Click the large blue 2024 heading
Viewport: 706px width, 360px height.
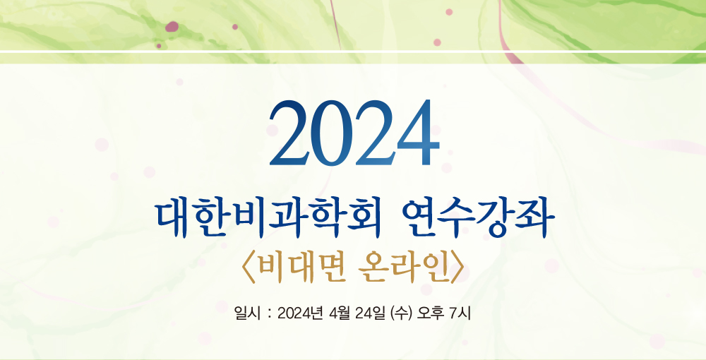pyautogui.click(x=354, y=133)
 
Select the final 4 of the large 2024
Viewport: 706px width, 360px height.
pyautogui.click(x=418, y=133)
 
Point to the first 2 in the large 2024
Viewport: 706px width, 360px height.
pyautogui.click(x=290, y=133)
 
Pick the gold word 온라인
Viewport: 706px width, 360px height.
pyautogui.click(x=402, y=270)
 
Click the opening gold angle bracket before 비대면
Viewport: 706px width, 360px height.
pyautogui.click(x=249, y=270)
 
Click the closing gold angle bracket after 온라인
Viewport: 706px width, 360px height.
pyautogui.click(x=456, y=270)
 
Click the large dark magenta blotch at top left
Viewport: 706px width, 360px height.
pyautogui.click(x=172, y=27)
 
